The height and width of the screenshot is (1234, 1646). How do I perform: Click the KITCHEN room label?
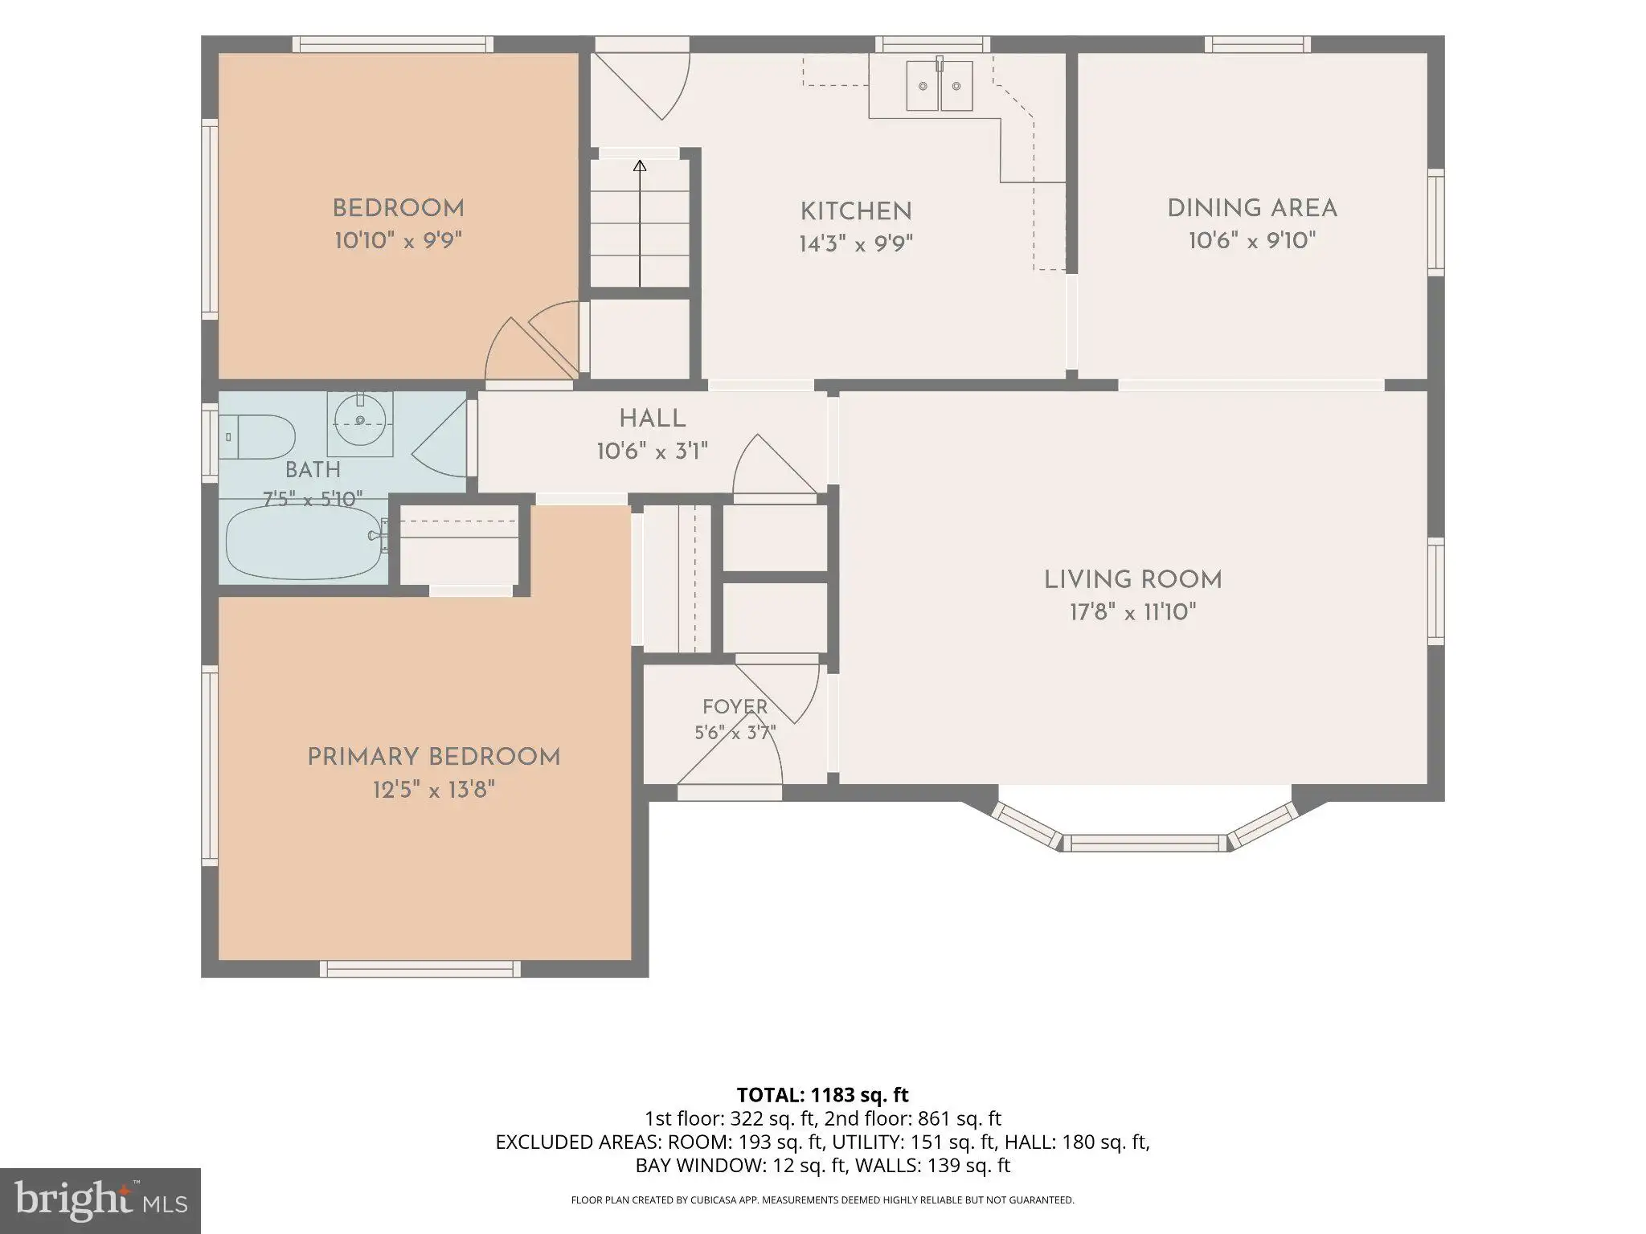pyautogui.click(x=856, y=211)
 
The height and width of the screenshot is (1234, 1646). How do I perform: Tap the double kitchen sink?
pyautogui.click(x=940, y=86)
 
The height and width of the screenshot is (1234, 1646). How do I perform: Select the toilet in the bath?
pyautogui.click(x=257, y=436)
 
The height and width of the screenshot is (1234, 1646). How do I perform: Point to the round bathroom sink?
pyautogui.click(x=360, y=419)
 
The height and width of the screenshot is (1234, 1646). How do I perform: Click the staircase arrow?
pyautogui.click(x=640, y=223)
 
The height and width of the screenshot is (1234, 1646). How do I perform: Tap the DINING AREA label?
pyautogui.click(x=1252, y=208)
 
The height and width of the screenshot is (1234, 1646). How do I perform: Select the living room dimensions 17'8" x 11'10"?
pyautogui.click(x=1132, y=613)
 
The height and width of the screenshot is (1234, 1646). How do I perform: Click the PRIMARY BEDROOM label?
pyautogui.click(x=434, y=757)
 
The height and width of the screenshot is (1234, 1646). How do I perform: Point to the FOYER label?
pyautogui.click(x=735, y=707)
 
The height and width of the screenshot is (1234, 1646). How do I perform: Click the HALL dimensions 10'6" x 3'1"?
pyautogui.click(x=652, y=452)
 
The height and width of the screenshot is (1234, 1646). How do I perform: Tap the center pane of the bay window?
pyautogui.click(x=1145, y=843)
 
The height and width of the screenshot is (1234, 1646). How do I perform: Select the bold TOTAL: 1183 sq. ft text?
pyautogui.click(x=822, y=1094)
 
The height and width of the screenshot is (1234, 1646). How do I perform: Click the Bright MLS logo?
pyautogui.click(x=100, y=1200)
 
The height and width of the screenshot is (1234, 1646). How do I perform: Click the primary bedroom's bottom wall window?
pyautogui.click(x=420, y=969)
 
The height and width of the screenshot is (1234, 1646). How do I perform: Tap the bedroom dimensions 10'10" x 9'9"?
pyautogui.click(x=399, y=240)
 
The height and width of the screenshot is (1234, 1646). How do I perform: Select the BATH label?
pyautogui.click(x=313, y=470)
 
